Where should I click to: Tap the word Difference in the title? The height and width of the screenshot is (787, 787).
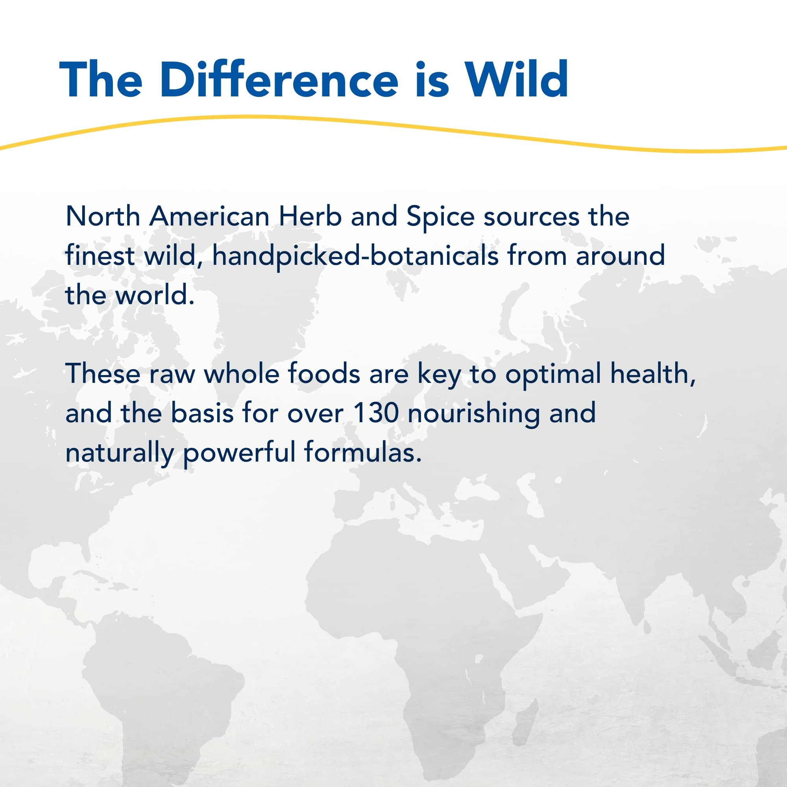click(x=279, y=79)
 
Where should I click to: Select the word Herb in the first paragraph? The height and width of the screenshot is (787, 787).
click(x=310, y=216)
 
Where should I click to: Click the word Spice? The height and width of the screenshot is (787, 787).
click(x=440, y=217)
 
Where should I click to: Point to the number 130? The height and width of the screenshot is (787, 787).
click(x=375, y=413)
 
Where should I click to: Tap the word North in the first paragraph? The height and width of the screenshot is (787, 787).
click(x=103, y=216)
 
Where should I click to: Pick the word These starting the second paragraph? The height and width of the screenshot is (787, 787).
click(x=103, y=373)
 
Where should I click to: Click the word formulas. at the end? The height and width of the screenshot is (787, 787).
click(x=362, y=453)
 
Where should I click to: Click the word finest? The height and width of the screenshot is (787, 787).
click(x=100, y=256)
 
